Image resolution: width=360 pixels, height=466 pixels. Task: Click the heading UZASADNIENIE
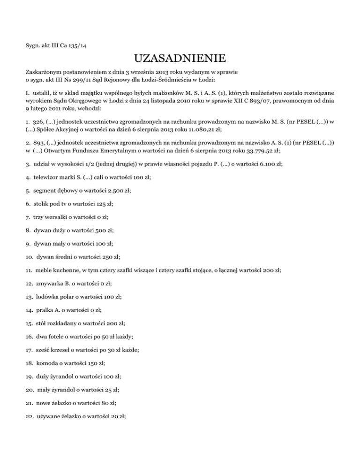[x=180, y=59]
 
